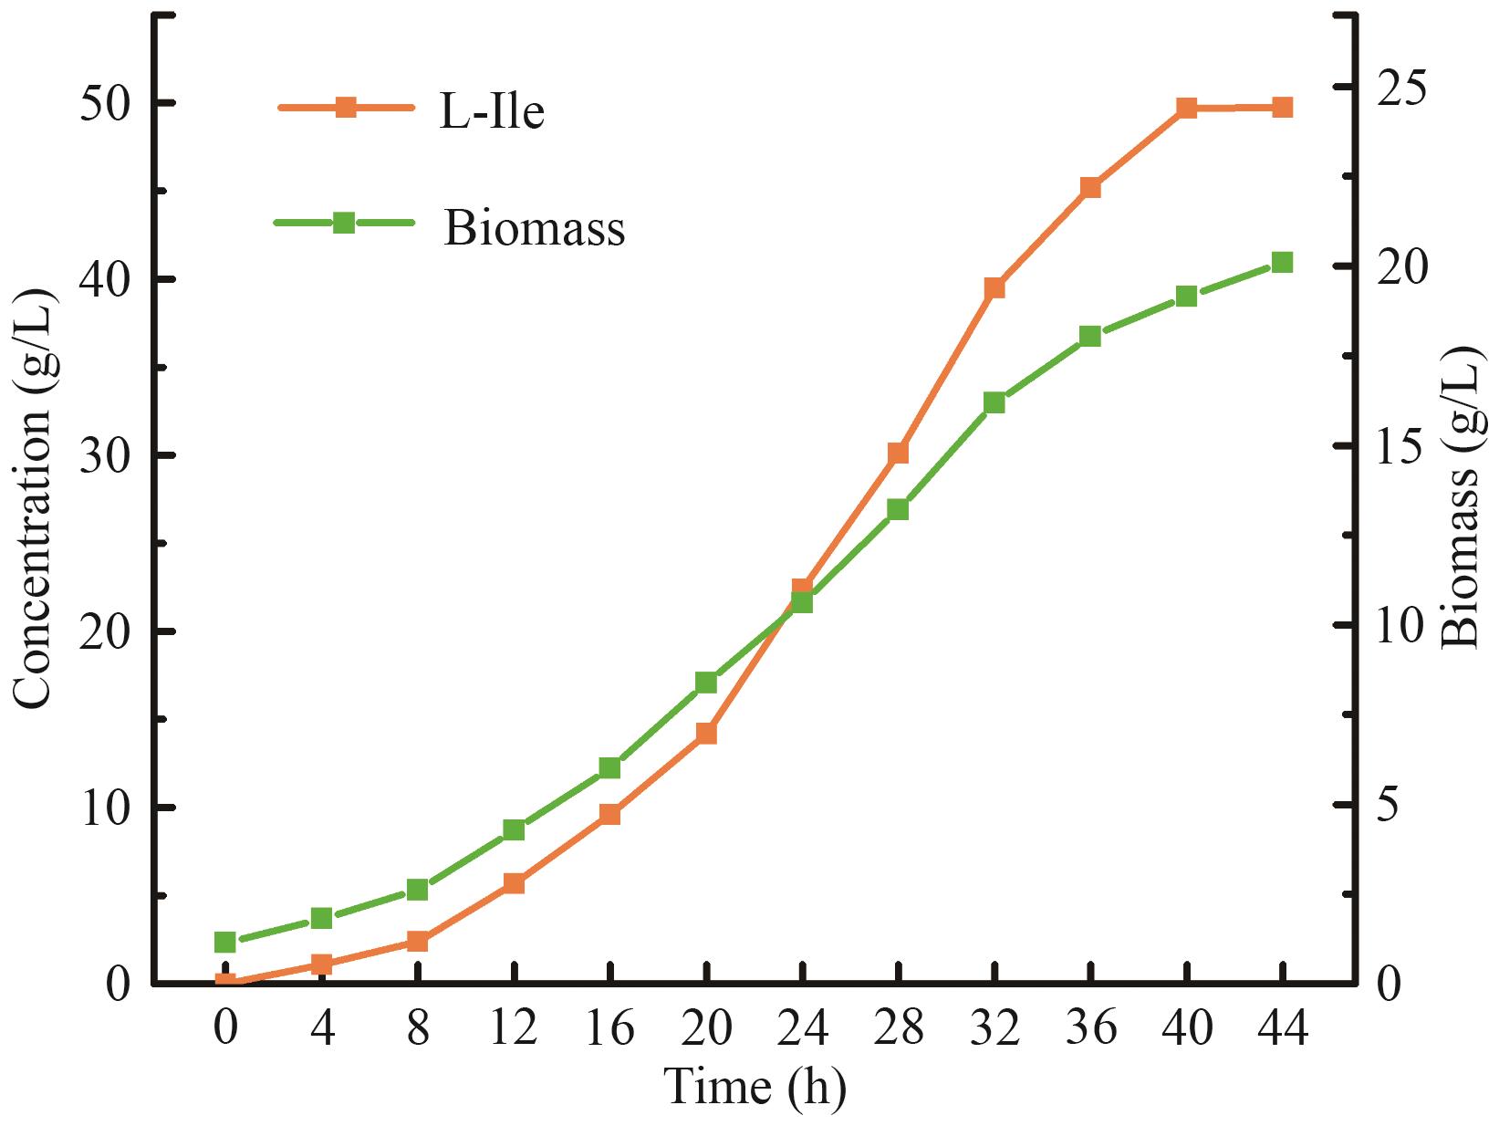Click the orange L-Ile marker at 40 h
click(1186, 109)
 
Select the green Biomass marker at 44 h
click(1282, 263)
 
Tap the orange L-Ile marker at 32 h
click(994, 288)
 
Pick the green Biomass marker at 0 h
click(225, 943)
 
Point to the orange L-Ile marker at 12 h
click(514, 883)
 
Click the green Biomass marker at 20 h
click(706, 683)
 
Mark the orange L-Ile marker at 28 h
click(898, 454)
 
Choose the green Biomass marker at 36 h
click(1090, 336)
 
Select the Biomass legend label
click(535, 228)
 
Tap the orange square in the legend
click(345, 108)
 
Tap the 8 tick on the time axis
click(418, 1029)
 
